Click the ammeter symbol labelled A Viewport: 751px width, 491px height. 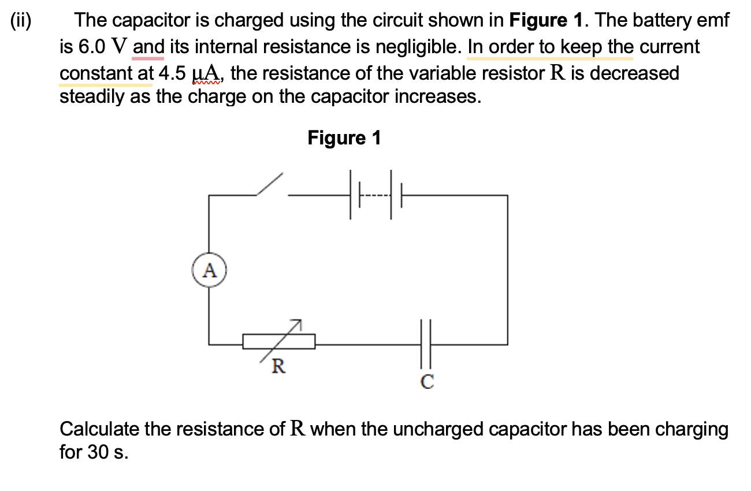209,270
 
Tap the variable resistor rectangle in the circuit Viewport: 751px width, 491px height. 278,341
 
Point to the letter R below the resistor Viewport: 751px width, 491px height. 278,366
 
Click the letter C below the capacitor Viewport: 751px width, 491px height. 427,382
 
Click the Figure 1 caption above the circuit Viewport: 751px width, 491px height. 344,138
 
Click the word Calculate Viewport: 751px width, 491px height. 99,429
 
